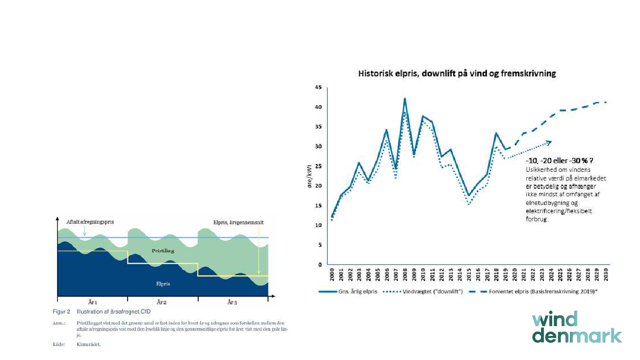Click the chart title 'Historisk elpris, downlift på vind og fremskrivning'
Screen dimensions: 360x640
click(457, 73)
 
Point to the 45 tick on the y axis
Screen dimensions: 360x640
click(318, 87)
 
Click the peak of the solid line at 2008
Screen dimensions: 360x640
click(405, 98)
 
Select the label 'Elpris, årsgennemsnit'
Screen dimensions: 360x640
click(239, 222)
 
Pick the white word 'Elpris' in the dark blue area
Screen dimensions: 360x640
click(163, 284)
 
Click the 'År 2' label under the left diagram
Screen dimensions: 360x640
click(162, 302)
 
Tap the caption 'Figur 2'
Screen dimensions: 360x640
click(61, 312)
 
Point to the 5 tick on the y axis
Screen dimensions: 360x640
click(319, 245)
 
